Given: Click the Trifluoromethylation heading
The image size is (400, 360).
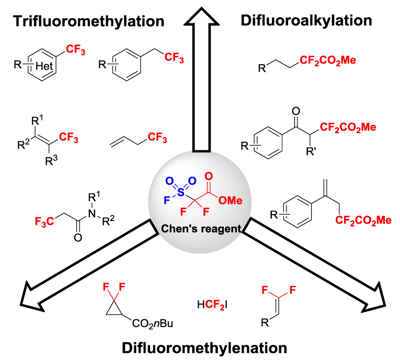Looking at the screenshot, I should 89,21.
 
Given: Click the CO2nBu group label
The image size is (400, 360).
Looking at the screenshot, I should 152,324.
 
